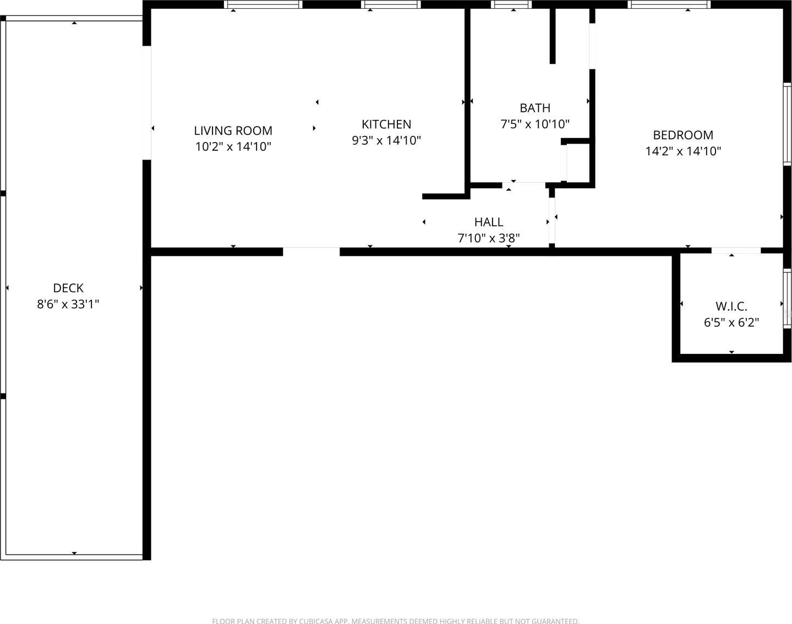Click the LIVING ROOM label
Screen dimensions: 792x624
coord(233,130)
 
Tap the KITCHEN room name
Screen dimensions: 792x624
coord(386,124)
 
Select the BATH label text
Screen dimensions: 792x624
coord(535,108)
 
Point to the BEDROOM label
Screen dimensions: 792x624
coord(683,135)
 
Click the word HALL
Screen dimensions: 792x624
coord(489,222)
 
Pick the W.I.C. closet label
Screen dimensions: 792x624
coord(731,306)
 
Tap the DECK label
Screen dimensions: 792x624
coord(68,288)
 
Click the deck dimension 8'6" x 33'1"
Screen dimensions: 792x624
coord(68,304)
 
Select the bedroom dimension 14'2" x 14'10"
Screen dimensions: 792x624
coord(683,151)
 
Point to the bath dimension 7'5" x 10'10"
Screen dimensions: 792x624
coord(535,124)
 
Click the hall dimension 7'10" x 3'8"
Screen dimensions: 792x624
coord(489,238)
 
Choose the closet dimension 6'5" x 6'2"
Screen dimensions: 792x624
coord(731,322)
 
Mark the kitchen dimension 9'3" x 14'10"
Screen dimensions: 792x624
coord(386,140)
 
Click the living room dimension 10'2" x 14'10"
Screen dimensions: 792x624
coord(233,146)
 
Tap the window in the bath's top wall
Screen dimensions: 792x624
coord(511,4)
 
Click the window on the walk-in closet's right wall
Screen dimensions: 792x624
coord(787,298)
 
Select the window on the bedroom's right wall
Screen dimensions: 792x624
coord(787,124)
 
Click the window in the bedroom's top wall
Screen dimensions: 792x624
coord(669,4)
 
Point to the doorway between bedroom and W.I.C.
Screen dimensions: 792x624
coord(736,250)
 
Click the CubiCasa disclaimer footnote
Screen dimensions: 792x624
coord(396,621)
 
